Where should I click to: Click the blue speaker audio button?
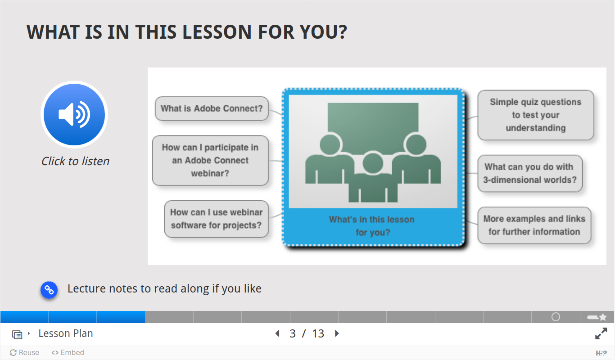click(x=74, y=114)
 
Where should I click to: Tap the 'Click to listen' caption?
click(x=75, y=161)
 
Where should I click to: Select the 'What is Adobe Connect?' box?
click(x=212, y=108)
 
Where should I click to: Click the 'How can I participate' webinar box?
click(x=210, y=160)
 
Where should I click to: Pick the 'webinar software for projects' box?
click(x=217, y=219)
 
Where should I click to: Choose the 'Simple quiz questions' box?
click(x=536, y=115)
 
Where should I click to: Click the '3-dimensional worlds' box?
click(x=530, y=173)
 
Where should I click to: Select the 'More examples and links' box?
click(x=534, y=225)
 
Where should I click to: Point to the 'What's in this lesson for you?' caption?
click(x=372, y=226)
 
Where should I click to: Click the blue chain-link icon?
click(x=49, y=290)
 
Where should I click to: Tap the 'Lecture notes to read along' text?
click(x=164, y=288)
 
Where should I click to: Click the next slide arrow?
click(x=337, y=333)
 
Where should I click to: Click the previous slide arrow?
click(x=277, y=333)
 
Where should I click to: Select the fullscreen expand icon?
click(x=601, y=333)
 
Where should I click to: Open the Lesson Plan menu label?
click(x=66, y=333)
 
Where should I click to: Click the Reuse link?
click(x=24, y=352)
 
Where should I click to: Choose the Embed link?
click(x=68, y=352)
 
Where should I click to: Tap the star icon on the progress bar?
click(x=603, y=317)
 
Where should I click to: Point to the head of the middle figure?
click(x=373, y=163)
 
